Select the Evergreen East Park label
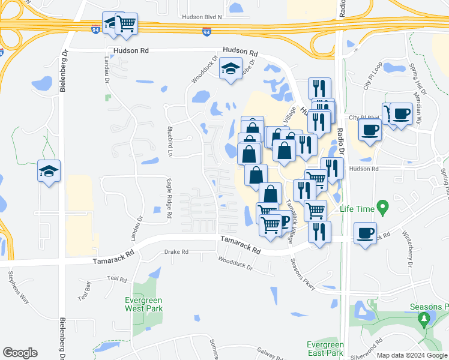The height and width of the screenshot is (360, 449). tap(325, 349)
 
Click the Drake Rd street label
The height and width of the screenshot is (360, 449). tap(176, 252)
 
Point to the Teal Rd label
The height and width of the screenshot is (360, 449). tap(117, 279)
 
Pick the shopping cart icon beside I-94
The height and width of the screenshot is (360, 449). tap(127, 24)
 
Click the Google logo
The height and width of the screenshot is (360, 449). tap(20, 353)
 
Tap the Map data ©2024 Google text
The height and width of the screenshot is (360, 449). tap(411, 355)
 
